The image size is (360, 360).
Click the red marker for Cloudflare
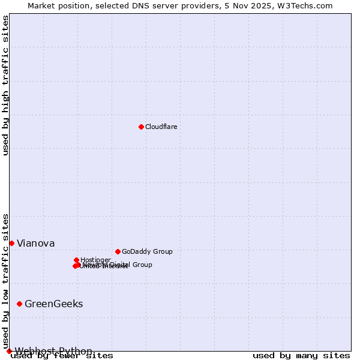(141, 127)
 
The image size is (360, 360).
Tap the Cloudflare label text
(161, 127)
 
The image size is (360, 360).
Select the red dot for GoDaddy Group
(118, 251)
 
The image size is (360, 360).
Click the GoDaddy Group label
(147, 251)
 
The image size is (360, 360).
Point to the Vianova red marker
(11, 243)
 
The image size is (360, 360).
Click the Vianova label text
(35, 243)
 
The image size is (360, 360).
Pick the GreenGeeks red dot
(19, 304)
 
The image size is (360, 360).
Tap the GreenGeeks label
(53, 304)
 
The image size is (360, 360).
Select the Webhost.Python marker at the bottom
(9, 351)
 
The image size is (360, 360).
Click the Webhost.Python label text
(53, 351)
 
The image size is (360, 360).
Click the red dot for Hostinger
(76, 260)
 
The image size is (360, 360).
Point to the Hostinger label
(95, 260)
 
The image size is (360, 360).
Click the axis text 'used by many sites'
(301, 355)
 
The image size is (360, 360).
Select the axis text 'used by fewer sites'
(62, 355)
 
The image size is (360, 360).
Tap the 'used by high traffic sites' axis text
(5, 85)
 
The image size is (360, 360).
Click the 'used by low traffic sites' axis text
(5, 281)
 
